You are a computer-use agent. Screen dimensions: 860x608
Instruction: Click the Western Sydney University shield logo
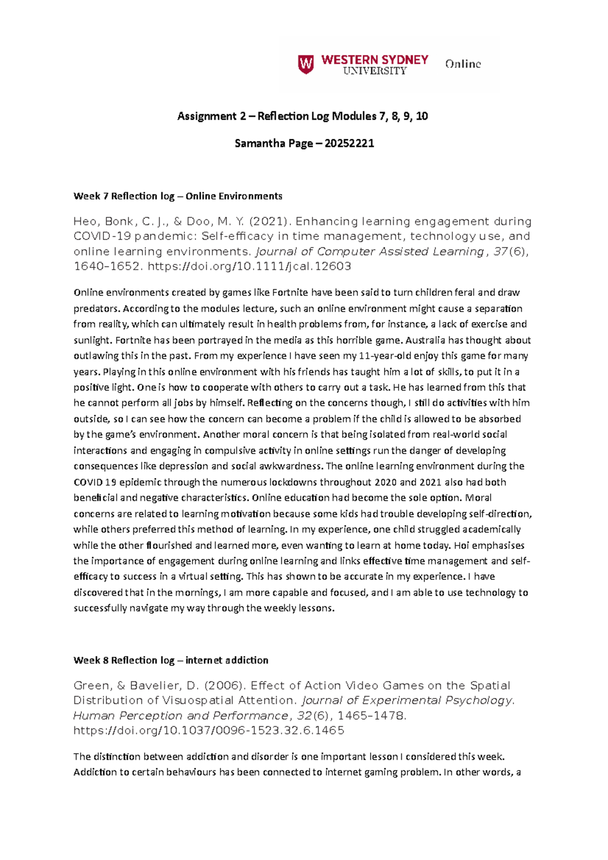tap(306, 64)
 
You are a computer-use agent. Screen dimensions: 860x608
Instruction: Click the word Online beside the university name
tap(463, 64)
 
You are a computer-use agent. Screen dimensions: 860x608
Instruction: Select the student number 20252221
tap(349, 143)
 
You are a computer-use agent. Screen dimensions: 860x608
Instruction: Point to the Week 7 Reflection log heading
tap(177, 196)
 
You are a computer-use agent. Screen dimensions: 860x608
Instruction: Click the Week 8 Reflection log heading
tap(171, 660)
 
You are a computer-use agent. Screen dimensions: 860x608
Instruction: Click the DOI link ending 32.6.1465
tap(209, 730)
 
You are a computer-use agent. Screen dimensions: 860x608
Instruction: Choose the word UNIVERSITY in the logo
tap(375, 71)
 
